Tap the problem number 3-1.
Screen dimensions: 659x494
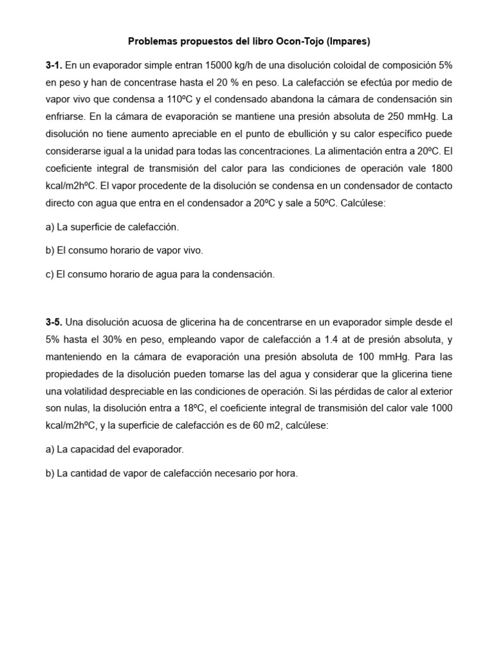(54, 65)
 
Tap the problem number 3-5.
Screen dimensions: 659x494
(54, 320)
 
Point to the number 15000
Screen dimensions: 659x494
(219, 65)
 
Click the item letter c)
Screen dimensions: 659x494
(50, 274)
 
